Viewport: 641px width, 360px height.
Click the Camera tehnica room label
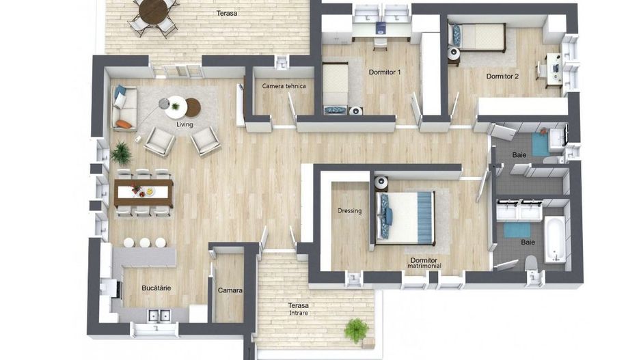(x=284, y=86)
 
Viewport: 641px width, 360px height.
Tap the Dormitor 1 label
(x=385, y=72)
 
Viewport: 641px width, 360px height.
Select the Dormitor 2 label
(x=502, y=76)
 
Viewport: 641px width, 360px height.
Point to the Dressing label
(x=349, y=211)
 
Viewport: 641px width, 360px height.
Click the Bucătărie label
(x=156, y=288)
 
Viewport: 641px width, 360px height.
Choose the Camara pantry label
(x=230, y=290)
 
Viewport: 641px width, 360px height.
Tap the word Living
(x=185, y=124)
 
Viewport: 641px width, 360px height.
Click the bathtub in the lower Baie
(x=555, y=239)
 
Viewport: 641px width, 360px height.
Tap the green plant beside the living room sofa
(x=121, y=153)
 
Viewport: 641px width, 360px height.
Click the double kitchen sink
(x=159, y=316)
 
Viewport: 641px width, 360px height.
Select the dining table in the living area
(x=144, y=193)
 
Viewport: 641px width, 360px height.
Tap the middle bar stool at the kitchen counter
(x=145, y=243)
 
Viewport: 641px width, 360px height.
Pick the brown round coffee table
(x=193, y=107)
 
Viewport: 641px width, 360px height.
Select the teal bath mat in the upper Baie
(x=541, y=144)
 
